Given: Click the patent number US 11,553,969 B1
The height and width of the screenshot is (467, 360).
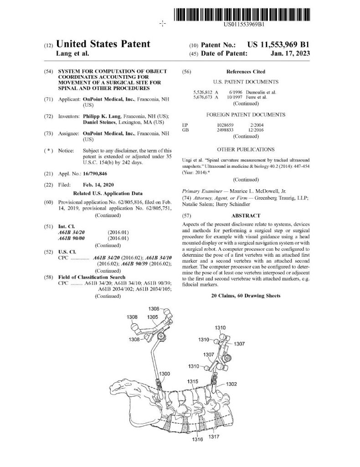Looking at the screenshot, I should [x=278, y=45].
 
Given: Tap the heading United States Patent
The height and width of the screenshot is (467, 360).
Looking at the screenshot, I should [x=103, y=44].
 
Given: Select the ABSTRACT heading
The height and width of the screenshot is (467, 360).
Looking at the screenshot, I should [x=246, y=216].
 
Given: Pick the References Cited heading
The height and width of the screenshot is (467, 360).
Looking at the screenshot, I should [x=246, y=72].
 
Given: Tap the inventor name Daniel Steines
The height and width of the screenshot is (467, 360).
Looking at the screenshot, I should [x=103, y=123].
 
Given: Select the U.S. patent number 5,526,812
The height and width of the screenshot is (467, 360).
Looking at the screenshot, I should [x=203, y=92].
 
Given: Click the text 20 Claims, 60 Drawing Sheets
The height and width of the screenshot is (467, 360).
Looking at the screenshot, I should [x=246, y=296].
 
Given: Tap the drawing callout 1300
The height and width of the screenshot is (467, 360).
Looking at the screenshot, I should [x=165, y=374].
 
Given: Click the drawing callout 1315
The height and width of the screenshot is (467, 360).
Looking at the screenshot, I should [x=192, y=381].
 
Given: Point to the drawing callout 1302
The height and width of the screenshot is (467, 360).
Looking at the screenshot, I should [x=231, y=384].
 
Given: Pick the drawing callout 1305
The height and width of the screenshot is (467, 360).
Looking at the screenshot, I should [x=153, y=317].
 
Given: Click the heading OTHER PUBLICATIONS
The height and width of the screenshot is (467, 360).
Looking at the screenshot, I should [x=246, y=149].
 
